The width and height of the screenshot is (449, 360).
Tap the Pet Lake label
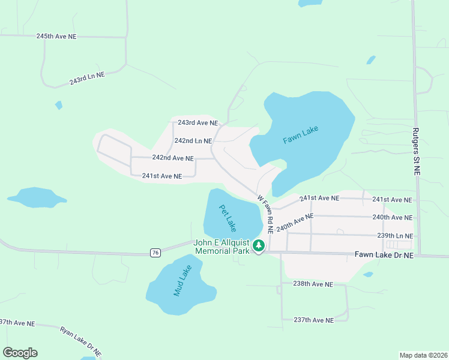[228, 218]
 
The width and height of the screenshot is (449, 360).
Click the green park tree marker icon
[259, 245]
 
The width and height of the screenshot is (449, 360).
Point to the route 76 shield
[156, 253]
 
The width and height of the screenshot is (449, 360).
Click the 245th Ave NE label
[56, 36]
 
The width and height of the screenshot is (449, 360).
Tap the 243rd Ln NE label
[87, 78]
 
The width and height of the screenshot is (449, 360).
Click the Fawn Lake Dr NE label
[384, 255]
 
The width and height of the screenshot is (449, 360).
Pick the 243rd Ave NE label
[197, 123]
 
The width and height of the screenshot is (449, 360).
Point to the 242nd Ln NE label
[193, 141]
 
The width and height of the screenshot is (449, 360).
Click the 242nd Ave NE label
[173, 158]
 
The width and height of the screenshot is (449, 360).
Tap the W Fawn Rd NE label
[265, 214]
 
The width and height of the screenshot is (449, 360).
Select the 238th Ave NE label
[313, 284]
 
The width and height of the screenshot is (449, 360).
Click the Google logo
[20, 353]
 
